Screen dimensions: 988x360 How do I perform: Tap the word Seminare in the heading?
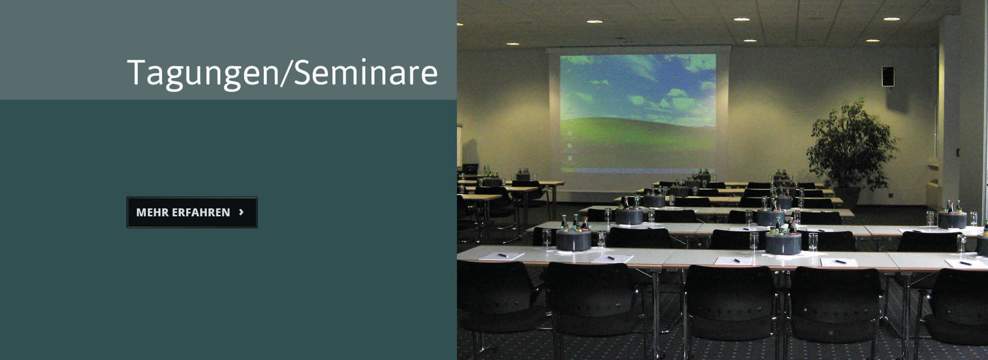click(366, 73)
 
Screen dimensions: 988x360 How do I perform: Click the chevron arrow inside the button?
click(241, 212)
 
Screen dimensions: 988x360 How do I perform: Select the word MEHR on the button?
click(152, 212)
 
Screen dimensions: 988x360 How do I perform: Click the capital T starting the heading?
click(137, 72)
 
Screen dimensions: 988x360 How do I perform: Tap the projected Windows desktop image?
click(638, 113)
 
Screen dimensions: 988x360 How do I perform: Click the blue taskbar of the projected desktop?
click(638, 170)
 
